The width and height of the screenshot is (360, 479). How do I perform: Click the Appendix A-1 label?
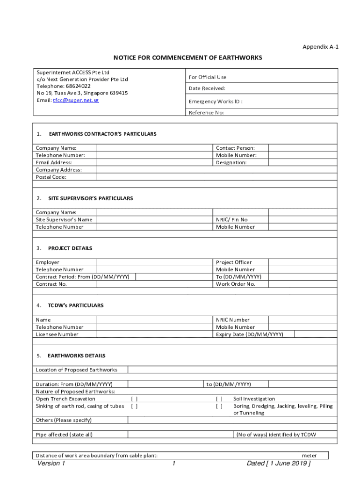[320, 47]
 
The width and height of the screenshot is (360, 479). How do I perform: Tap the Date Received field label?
[207, 88]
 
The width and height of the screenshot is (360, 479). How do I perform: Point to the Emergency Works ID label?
[215, 102]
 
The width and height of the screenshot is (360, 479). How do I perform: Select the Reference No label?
[206, 113]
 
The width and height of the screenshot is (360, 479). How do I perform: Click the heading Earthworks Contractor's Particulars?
[102, 134]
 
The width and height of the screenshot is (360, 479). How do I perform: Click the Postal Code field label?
[51, 177]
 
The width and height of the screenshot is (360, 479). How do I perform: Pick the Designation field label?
[231, 163]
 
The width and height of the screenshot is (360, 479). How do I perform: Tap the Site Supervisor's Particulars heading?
[91, 198]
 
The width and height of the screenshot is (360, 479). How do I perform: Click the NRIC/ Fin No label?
[232, 220]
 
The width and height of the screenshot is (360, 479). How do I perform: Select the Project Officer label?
[234, 262]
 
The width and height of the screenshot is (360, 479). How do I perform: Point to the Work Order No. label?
[236, 284]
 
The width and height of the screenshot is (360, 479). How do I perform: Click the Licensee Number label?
[57, 334]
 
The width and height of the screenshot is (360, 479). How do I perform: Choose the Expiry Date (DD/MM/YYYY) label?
[249, 334]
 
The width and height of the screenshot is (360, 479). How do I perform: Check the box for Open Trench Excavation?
[134, 399]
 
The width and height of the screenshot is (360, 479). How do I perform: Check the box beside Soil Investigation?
[219, 399]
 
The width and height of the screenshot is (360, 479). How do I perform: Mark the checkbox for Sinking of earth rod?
[134, 406]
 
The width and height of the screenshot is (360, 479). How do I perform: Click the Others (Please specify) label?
[64, 420]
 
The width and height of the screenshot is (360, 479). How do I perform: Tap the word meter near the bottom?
[309, 456]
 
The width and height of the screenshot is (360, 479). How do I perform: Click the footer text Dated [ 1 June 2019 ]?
[279, 464]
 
